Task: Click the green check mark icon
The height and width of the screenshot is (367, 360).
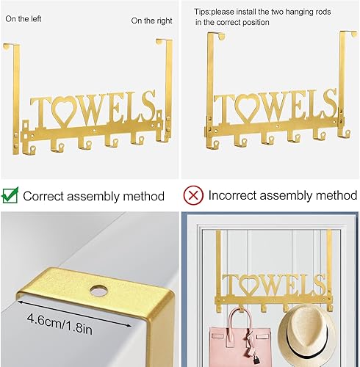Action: [10, 196]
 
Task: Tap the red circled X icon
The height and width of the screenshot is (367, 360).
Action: [192, 196]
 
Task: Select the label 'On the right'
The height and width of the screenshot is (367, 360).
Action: [151, 21]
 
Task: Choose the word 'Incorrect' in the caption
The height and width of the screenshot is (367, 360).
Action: [234, 197]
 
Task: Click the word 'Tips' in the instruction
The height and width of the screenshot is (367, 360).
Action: [204, 12]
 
